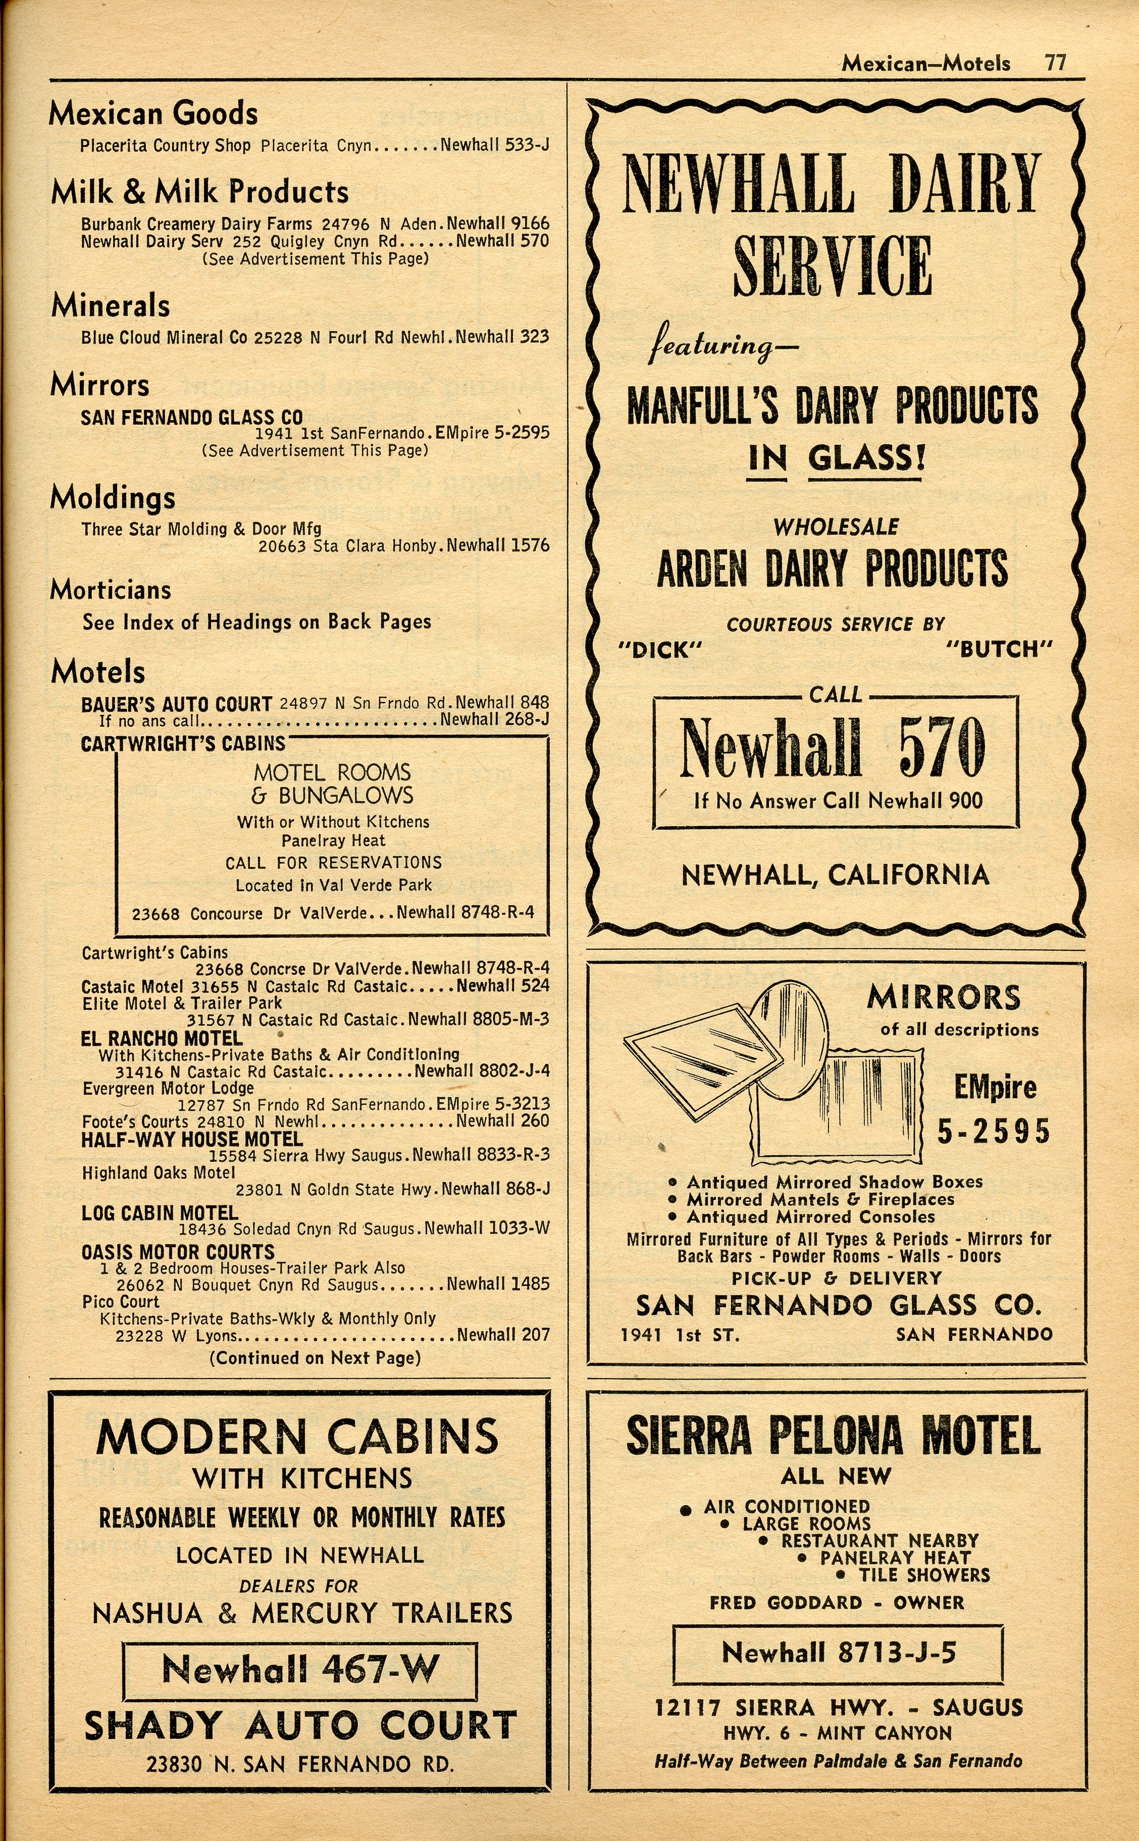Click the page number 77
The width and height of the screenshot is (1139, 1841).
[x=1055, y=63]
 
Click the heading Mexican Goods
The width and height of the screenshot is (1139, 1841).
[x=153, y=114]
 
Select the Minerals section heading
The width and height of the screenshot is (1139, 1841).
[x=110, y=306]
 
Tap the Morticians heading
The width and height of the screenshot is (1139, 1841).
[x=110, y=590]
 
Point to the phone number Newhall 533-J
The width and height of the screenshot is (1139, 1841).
[x=494, y=144]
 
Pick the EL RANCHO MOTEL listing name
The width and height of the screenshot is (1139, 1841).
[x=161, y=1038]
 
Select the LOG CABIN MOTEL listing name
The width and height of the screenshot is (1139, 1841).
[x=160, y=1213]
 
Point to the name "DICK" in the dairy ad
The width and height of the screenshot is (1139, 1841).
[x=660, y=649]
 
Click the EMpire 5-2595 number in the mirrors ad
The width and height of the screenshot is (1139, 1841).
[x=995, y=1109]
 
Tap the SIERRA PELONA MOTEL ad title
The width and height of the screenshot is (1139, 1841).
[x=833, y=1436]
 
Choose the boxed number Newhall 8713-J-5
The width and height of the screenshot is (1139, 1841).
[x=838, y=1653]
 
